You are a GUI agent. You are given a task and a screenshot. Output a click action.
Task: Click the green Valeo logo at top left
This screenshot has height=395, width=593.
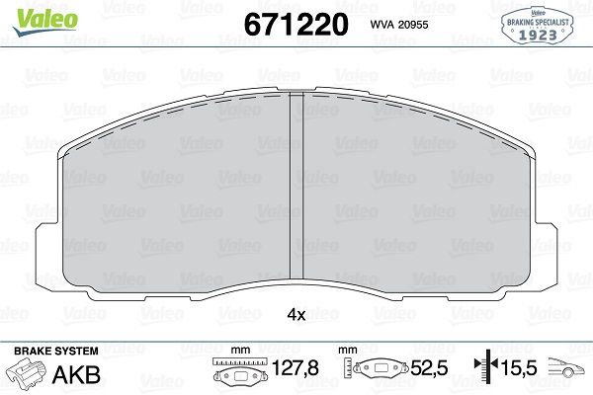pos(45,21)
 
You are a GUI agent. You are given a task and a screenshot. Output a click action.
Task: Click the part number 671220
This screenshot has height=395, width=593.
pos(296,24)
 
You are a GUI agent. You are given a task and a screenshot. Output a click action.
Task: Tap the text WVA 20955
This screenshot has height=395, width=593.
pos(399,25)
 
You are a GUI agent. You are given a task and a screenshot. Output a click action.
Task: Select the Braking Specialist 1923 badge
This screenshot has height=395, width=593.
pos(537,26)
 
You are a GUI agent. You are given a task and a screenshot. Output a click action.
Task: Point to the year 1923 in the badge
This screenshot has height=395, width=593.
pos(538,35)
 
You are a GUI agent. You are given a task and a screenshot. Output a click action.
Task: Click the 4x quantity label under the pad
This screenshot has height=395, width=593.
pos(296,314)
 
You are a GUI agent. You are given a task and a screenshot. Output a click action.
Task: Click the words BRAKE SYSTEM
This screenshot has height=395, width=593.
pos(56,351)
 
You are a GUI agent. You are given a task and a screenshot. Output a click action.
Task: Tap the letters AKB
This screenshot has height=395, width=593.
pos(76,374)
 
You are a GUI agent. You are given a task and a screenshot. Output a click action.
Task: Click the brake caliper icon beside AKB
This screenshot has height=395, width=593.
pos(27,371)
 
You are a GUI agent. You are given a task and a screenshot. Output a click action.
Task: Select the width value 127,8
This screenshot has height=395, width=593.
pos(296,367)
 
